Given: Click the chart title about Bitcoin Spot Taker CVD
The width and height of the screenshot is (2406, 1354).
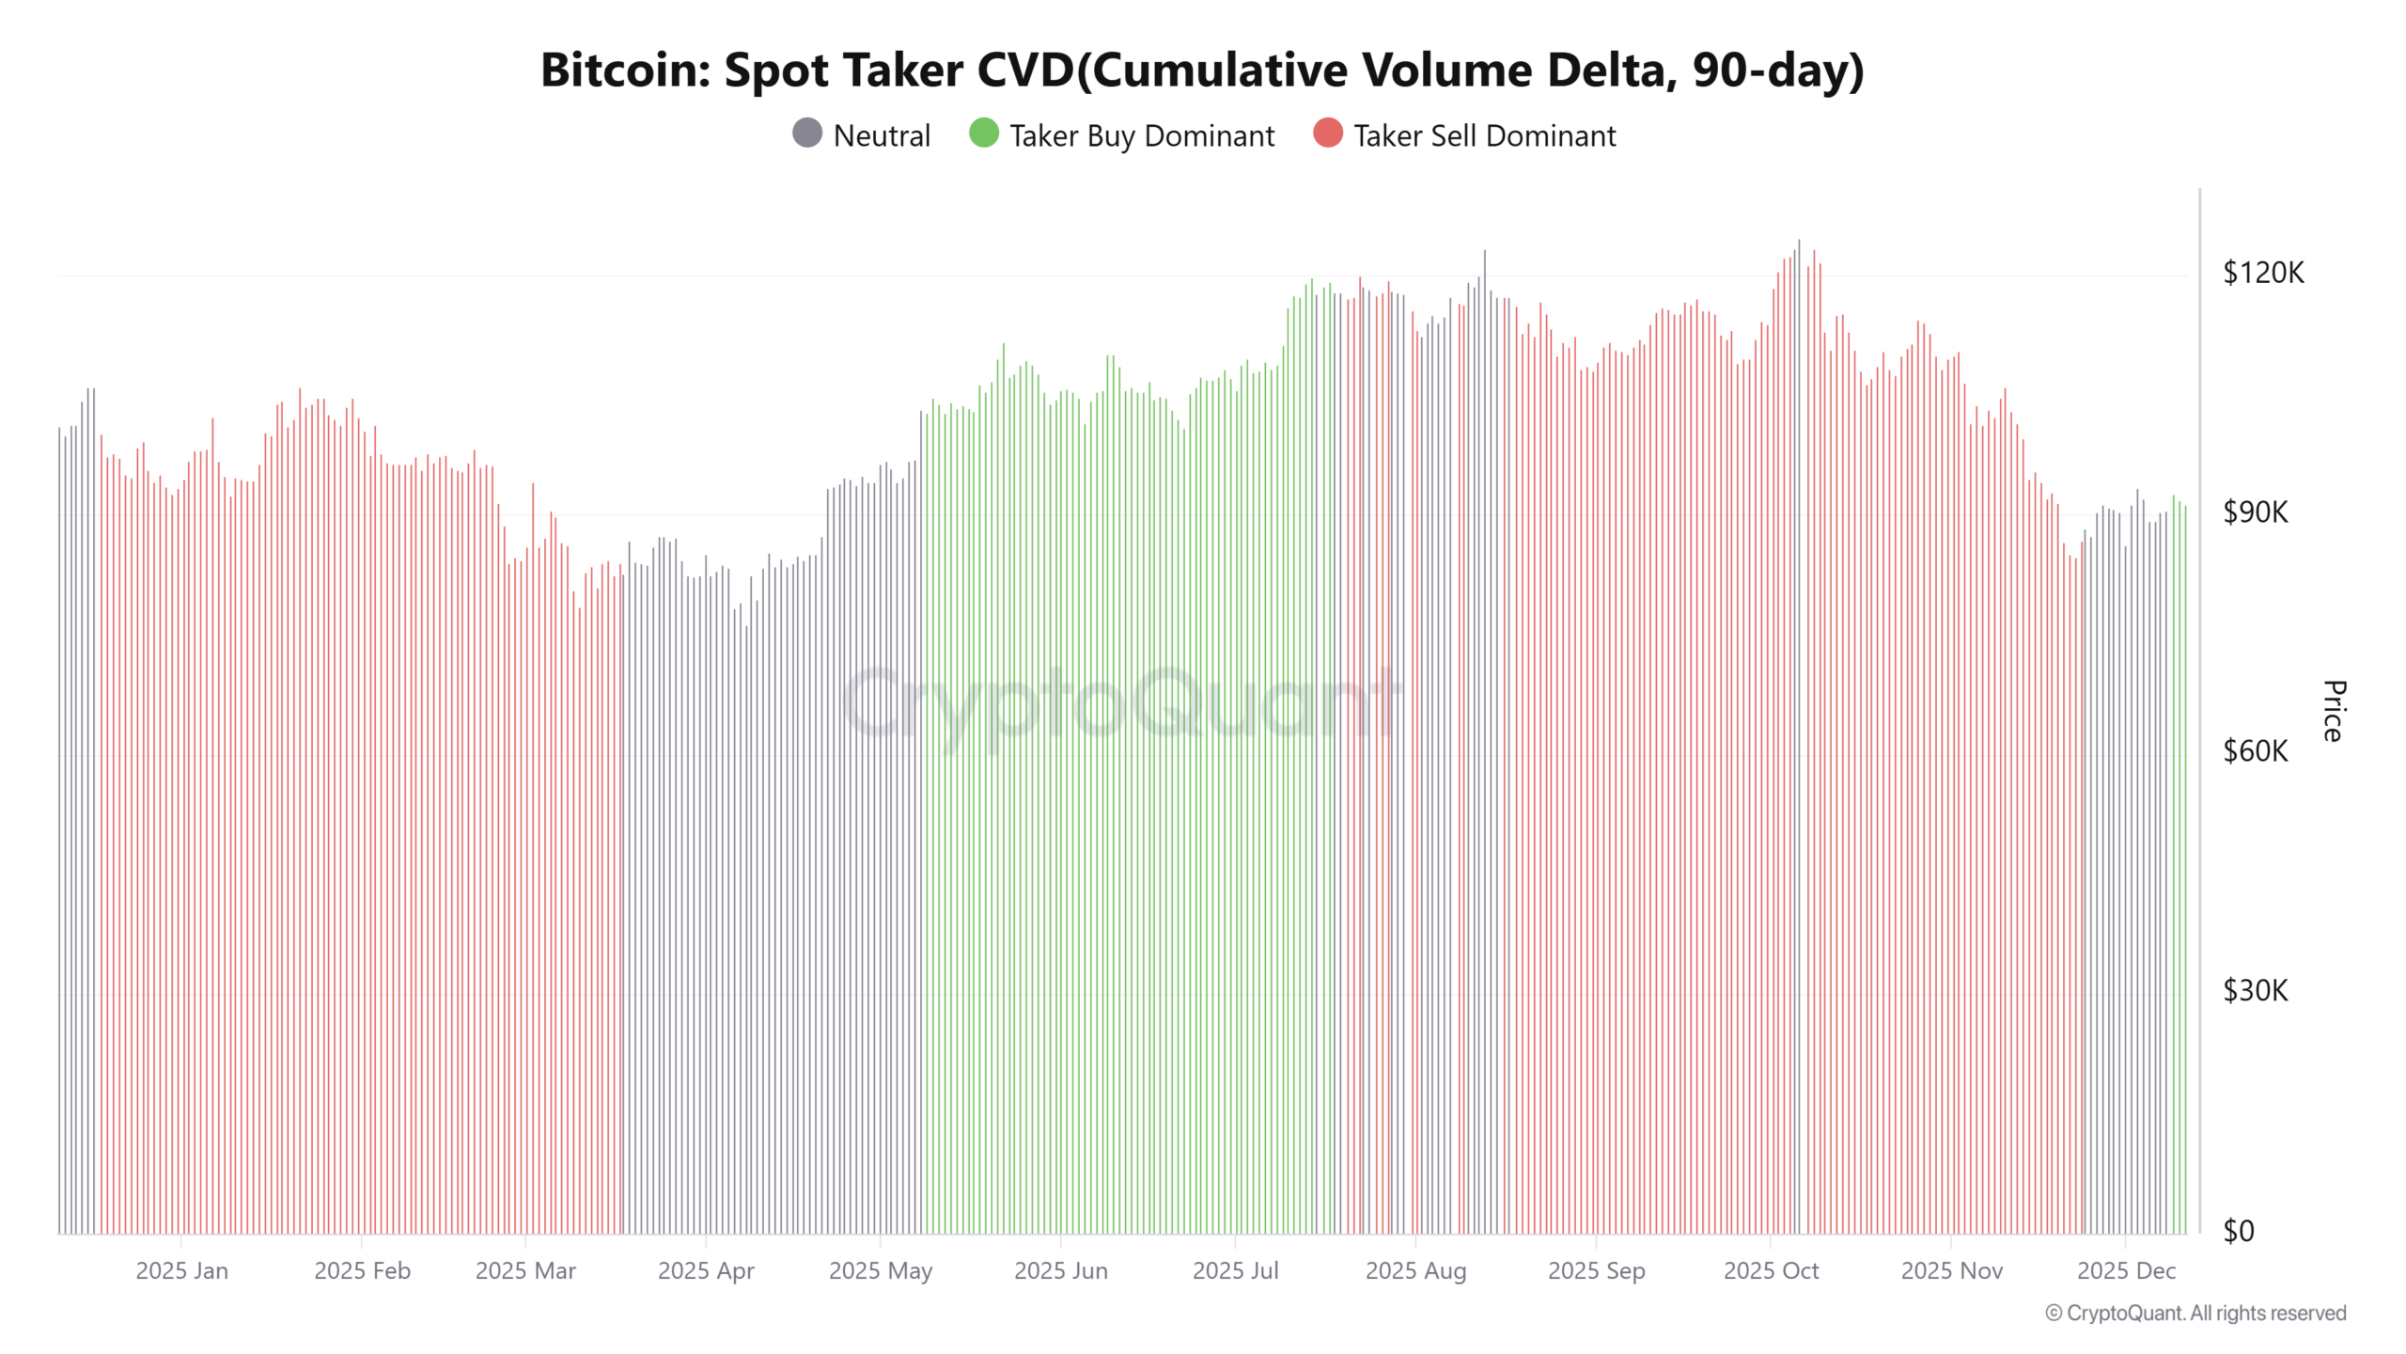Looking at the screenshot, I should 1202,70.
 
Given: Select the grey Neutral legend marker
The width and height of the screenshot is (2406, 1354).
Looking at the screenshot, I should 807,134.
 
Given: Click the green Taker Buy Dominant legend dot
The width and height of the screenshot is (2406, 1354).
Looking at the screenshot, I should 984,134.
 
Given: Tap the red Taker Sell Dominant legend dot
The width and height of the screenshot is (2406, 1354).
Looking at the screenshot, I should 1328,134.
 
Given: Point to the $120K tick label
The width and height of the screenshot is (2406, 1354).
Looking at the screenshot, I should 2263,273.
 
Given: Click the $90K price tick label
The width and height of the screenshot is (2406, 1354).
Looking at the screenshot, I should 2256,512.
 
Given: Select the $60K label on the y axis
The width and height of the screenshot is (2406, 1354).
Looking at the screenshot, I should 2256,751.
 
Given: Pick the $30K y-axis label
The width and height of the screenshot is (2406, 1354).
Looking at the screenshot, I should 2256,991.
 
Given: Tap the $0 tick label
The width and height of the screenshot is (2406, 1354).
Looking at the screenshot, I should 2239,1231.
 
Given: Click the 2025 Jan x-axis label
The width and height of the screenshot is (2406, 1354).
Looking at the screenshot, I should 181,1271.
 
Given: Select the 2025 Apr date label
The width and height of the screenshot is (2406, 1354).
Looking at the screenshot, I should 706,1271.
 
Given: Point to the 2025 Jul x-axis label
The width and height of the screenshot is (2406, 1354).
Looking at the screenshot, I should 1235,1271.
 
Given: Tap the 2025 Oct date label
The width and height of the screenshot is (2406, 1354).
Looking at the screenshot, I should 1771,1271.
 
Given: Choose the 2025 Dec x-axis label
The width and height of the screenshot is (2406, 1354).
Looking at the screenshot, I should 2126,1271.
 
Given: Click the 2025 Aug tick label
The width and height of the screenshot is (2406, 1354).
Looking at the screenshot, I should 1415,1271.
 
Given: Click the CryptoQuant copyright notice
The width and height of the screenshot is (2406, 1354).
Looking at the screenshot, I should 2195,1314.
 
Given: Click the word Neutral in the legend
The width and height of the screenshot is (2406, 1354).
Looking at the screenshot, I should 882,136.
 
